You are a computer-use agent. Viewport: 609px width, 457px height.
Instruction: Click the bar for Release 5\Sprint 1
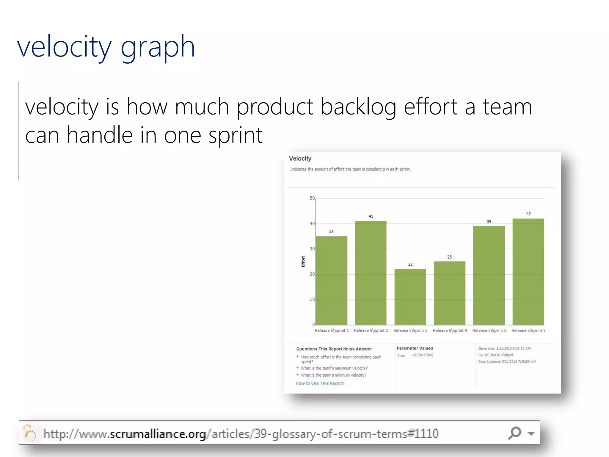(x=331, y=280)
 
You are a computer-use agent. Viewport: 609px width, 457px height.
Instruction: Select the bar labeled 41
(x=371, y=273)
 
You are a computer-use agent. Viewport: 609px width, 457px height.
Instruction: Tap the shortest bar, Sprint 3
(x=410, y=297)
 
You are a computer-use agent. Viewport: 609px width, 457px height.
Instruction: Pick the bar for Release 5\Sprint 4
(x=449, y=293)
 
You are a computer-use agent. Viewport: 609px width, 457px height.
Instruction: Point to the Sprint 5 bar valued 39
(x=489, y=275)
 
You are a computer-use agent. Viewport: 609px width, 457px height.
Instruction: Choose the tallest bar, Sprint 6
(x=528, y=272)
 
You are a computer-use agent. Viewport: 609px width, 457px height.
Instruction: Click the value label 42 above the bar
(x=528, y=214)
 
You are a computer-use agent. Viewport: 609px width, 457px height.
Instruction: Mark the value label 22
(x=410, y=264)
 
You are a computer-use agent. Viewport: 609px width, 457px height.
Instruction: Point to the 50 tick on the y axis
(x=312, y=198)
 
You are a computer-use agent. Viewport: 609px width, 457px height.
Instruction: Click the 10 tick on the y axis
(x=312, y=299)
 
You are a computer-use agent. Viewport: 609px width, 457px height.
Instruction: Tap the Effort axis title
(x=303, y=261)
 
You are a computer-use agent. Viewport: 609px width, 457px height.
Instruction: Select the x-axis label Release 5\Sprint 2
(x=371, y=330)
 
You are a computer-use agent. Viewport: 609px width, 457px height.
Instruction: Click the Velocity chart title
(x=300, y=159)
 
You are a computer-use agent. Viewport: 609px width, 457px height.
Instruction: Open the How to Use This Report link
(x=320, y=383)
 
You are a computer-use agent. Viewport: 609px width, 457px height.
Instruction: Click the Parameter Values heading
(x=415, y=348)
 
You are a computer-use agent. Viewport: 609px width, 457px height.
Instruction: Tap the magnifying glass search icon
(x=515, y=433)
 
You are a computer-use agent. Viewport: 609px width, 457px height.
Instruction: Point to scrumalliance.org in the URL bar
(x=158, y=434)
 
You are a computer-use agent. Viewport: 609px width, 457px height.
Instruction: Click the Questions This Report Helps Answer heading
(x=334, y=349)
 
